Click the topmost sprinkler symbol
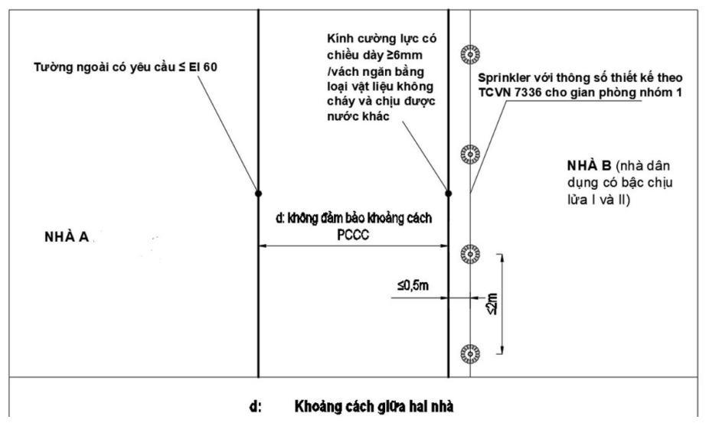point(470,54)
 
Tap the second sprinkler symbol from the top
point(470,154)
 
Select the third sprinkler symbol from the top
point(470,255)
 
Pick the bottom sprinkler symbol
point(470,353)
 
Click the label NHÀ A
point(67,237)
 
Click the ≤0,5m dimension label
point(413,285)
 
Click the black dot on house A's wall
point(258,193)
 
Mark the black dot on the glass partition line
point(449,193)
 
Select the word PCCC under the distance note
point(353,236)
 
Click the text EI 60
point(203,67)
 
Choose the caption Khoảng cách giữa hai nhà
point(374,407)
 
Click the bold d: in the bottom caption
point(256,407)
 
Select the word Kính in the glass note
point(338,38)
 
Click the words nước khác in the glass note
point(358,116)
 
